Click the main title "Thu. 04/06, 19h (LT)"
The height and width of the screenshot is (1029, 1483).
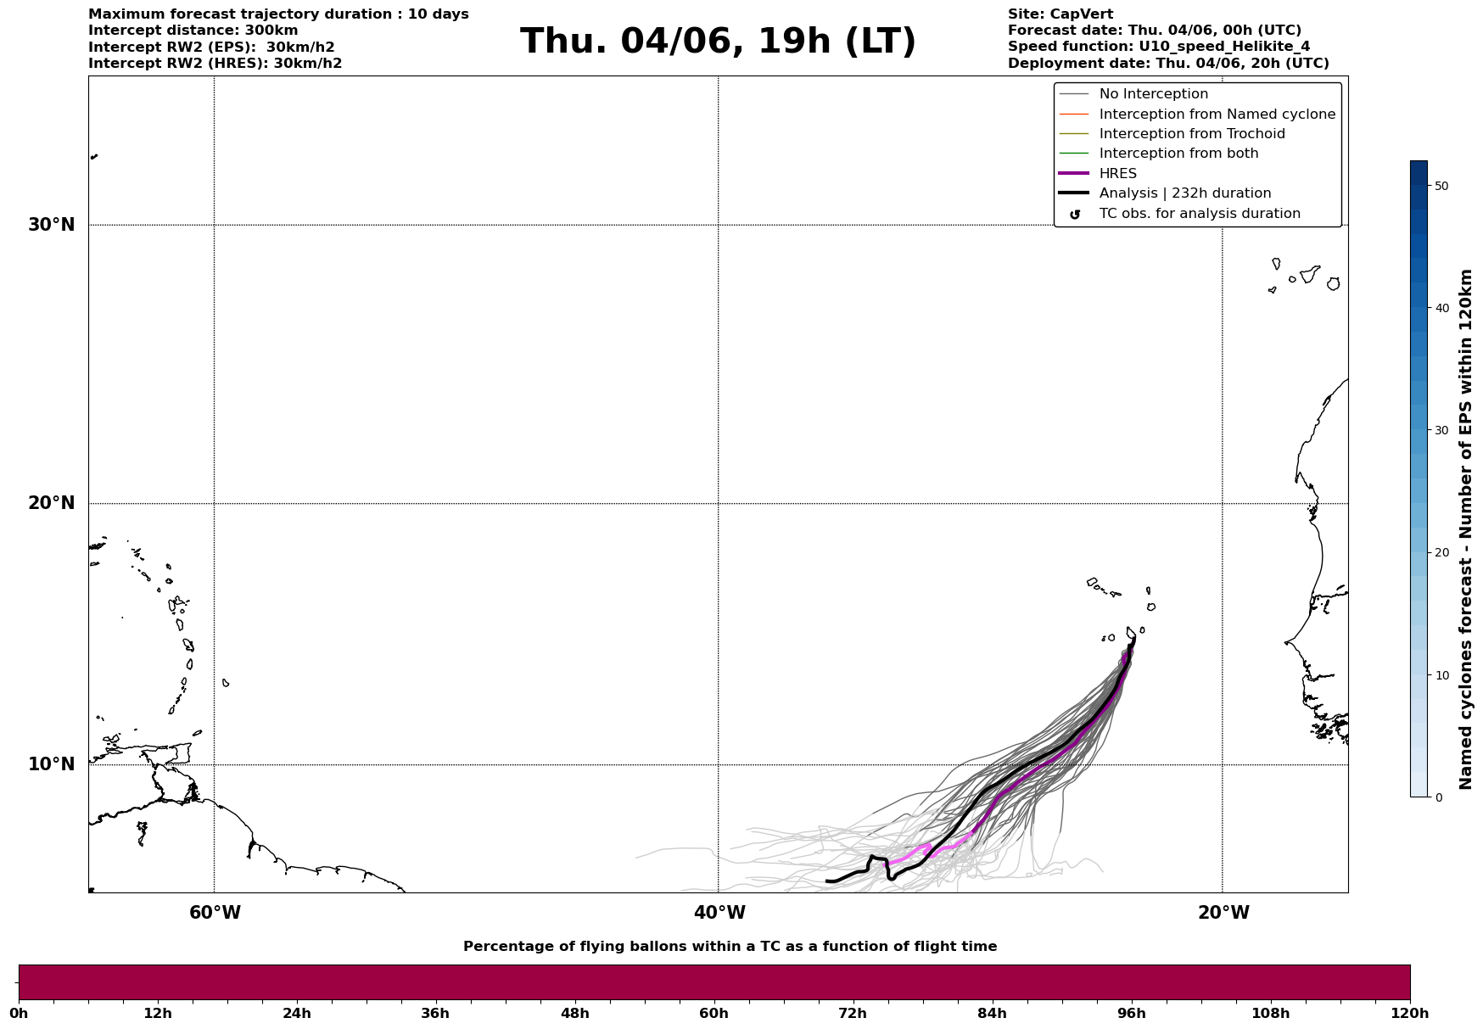tap(718, 42)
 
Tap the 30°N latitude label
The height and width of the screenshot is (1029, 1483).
tap(52, 225)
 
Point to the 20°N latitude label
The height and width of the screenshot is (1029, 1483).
tap(52, 503)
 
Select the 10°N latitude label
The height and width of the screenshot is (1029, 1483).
tap(52, 764)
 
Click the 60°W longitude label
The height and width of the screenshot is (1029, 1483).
tap(215, 913)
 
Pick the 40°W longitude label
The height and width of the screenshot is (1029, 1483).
tap(719, 913)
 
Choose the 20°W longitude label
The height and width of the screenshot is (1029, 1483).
tap(1223, 913)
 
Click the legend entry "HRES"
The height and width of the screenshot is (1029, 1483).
tap(1117, 174)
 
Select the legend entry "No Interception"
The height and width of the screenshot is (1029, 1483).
tap(1154, 94)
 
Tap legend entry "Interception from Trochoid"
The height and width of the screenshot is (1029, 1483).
tap(1192, 134)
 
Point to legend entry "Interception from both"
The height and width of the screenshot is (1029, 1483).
tap(1178, 154)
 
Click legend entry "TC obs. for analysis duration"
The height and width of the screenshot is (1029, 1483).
tap(1200, 214)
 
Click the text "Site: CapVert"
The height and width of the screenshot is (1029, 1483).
tap(1060, 14)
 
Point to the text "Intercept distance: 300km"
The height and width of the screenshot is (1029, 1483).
tap(193, 31)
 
